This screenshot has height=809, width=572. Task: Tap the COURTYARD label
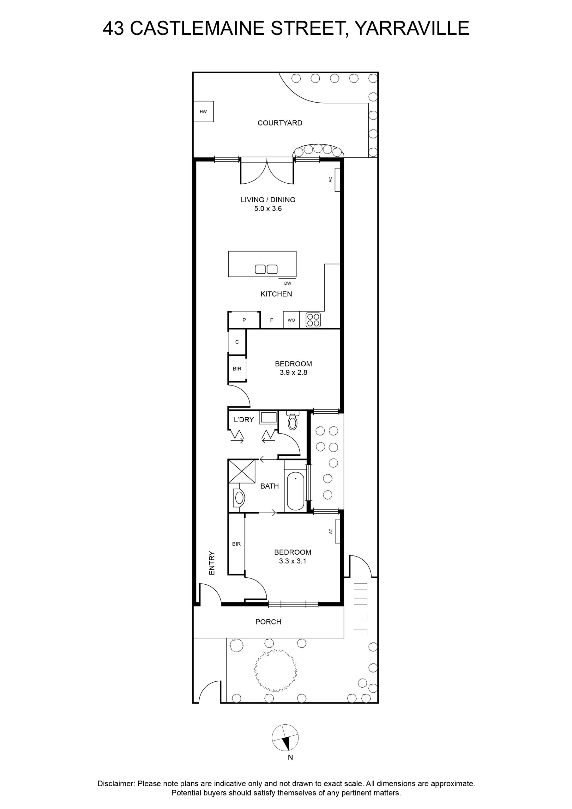[x=280, y=123]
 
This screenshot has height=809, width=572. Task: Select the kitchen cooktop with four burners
[x=313, y=320]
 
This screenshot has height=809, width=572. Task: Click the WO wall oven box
[x=291, y=320]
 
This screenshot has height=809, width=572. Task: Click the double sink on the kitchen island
[x=266, y=269]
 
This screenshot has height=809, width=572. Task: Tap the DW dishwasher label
[x=288, y=283]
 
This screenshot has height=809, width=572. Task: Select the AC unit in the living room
[x=337, y=180]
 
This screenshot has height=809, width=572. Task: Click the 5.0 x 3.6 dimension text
[x=268, y=209]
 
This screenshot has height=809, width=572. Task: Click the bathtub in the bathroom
[x=296, y=491]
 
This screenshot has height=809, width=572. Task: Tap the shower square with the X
[x=242, y=471]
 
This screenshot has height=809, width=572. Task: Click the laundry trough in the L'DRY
[x=268, y=417]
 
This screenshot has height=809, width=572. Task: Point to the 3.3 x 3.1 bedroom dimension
[x=293, y=561]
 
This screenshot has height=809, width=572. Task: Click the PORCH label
[x=268, y=622]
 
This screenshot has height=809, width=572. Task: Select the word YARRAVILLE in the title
[x=412, y=28]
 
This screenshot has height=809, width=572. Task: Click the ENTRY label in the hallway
[x=212, y=563]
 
